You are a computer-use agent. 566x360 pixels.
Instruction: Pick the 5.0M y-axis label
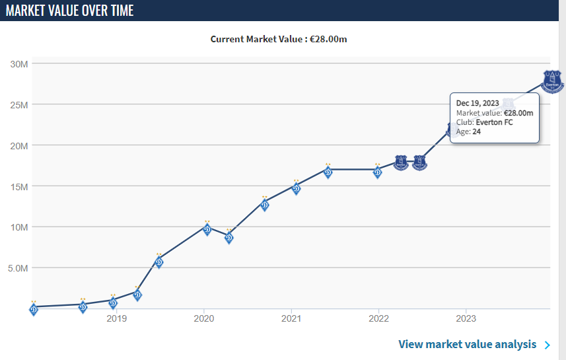pos(17,268)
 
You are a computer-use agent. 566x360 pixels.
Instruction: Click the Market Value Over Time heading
pos(69,11)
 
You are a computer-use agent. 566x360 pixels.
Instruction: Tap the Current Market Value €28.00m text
pos(279,39)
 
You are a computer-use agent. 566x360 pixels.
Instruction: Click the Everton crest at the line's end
pos(553,81)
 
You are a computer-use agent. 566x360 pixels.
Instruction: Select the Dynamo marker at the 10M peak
pos(207,229)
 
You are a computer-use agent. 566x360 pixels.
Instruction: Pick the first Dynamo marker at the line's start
pos(34,308)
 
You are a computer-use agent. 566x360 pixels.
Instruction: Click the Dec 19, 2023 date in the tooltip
pos(478,103)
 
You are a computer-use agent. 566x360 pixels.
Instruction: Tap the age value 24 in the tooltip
pos(476,131)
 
